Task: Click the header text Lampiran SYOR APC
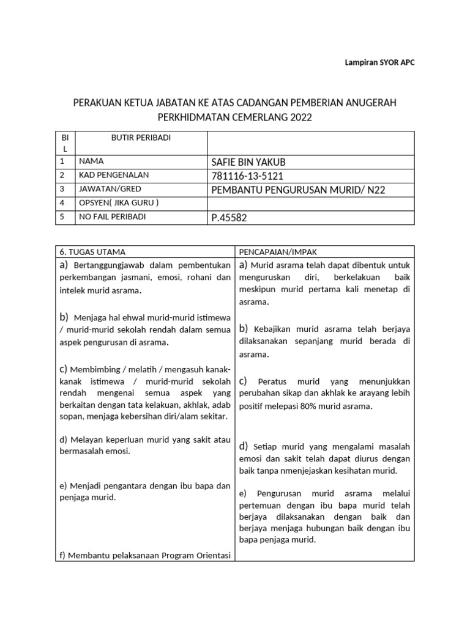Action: pyautogui.click(x=376, y=63)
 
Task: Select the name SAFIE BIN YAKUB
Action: pyautogui.click(x=248, y=162)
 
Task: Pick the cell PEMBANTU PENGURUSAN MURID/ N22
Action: pyautogui.click(x=298, y=190)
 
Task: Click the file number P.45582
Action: pyautogui.click(x=229, y=218)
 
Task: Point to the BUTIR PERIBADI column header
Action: pyautogui.click(x=141, y=138)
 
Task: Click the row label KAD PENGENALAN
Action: pyautogui.click(x=113, y=175)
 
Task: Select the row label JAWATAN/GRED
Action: pyautogui.click(x=106, y=190)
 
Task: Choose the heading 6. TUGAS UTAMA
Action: pyautogui.click(x=92, y=251)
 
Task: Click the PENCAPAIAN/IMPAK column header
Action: pyautogui.click(x=277, y=251)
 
